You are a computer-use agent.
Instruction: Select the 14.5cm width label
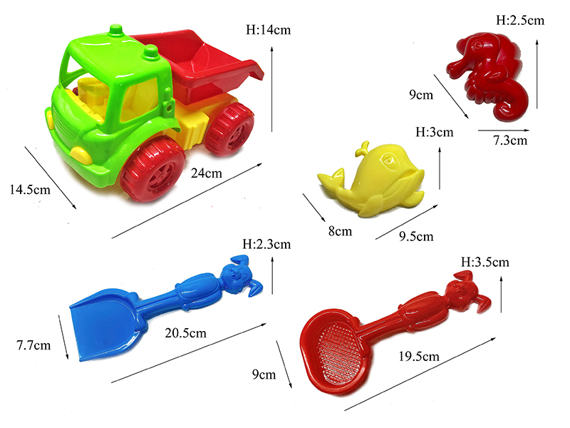coord(31,190)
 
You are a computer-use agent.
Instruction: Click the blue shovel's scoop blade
coord(105,321)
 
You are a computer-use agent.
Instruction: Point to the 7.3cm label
coord(510,141)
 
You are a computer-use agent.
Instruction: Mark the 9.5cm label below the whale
coord(415,236)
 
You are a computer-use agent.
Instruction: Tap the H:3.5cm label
coord(485,262)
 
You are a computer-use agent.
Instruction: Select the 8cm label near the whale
coord(340,230)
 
